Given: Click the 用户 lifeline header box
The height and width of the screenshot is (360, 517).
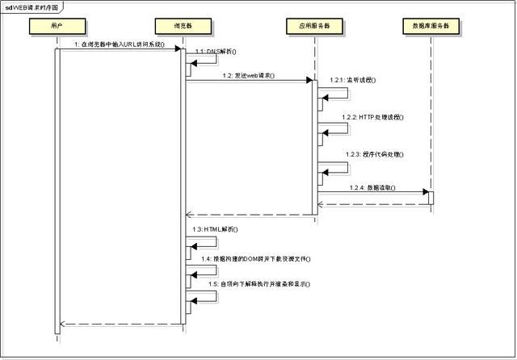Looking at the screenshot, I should (57, 27).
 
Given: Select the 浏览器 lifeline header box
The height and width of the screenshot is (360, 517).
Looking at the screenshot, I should (183, 27).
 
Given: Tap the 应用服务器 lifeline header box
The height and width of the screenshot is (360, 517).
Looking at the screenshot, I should (313, 27).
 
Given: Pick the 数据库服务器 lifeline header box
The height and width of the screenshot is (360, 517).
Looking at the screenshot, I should (430, 27).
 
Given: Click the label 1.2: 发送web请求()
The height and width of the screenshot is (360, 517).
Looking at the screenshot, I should (248, 75).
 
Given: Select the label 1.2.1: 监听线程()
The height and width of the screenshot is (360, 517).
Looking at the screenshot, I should (353, 81).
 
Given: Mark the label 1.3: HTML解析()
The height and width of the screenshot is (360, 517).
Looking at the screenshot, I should (216, 229).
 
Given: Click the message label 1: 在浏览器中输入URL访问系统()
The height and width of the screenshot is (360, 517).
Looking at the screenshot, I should (119, 44).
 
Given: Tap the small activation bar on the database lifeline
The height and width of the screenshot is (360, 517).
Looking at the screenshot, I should (431, 198).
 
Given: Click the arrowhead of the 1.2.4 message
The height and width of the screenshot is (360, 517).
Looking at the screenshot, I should (424, 192).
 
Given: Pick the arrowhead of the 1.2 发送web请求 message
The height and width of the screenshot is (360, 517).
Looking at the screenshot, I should (309, 80).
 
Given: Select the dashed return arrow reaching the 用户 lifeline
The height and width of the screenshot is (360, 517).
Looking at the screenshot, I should (121, 324).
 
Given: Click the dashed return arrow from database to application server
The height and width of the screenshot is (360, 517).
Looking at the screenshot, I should (372, 204).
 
